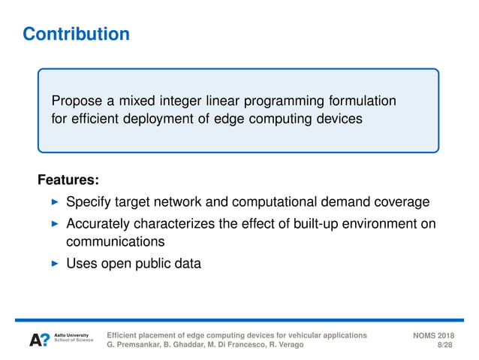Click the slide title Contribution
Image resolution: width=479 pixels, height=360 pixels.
click(x=76, y=35)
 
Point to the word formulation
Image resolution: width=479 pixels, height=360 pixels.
click(x=363, y=101)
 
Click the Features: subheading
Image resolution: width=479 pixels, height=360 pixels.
click(x=68, y=181)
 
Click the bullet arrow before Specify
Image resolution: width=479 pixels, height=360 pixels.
click(x=53, y=202)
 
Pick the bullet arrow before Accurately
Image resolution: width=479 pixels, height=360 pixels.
click(x=53, y=224)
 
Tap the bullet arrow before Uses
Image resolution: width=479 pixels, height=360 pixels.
click(x=53, y=264)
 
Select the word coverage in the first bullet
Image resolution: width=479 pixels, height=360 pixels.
click(x=403, y=202)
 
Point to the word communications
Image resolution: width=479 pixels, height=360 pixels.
click(x=115, y=242)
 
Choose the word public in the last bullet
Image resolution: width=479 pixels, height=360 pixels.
click(x=152, y=264)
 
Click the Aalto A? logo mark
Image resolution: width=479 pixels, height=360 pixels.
click(x=40, y=340)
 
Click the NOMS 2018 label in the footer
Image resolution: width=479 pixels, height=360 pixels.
click(x=433, y=334)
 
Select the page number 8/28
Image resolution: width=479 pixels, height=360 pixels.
click(x=444, y=345)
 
